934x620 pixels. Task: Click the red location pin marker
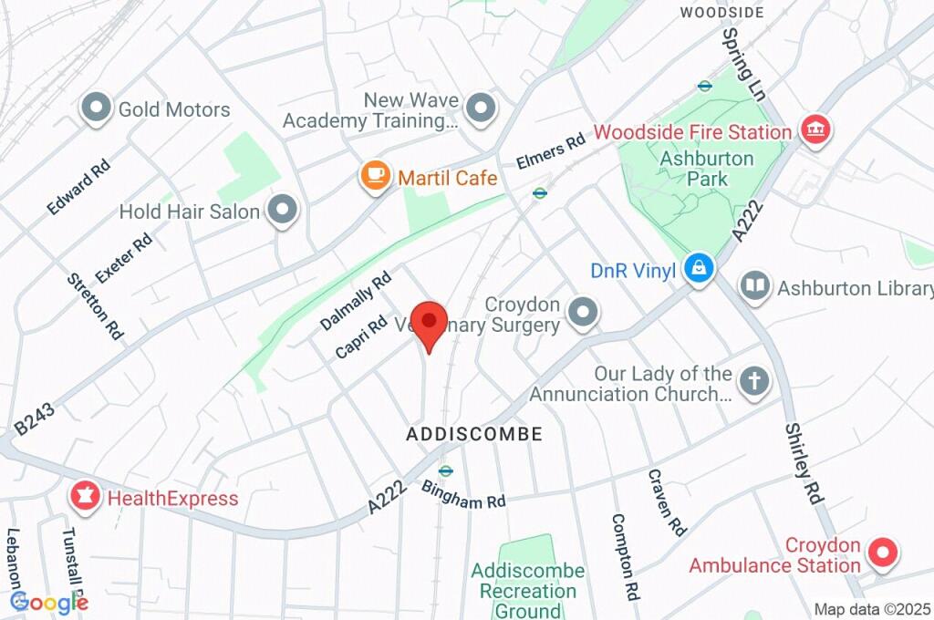[428, 322]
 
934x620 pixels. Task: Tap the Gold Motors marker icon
[95, 109]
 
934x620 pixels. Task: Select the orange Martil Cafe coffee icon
[375, 177]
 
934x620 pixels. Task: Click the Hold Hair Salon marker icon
[284, 212]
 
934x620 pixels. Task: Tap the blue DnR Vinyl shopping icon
[699, 270]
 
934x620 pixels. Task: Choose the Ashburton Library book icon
[754, 288]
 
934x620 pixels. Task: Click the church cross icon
[754, 383]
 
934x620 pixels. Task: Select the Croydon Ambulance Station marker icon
[883, 553]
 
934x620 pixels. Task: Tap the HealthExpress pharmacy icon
[85, 498]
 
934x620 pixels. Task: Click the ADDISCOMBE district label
[474, 435]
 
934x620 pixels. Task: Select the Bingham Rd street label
[463, 495]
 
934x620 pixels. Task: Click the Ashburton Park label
[708, 168]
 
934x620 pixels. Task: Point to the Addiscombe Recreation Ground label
[528, 591]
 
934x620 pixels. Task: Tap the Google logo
[48, 602]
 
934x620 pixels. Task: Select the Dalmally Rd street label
[356, 300]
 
